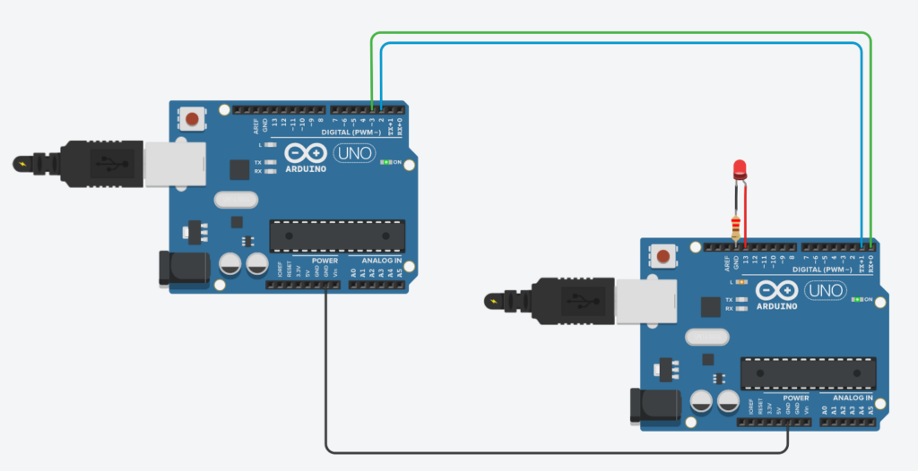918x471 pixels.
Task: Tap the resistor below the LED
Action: [737, 225]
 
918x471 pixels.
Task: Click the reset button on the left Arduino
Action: [193, 117]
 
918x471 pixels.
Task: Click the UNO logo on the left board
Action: [354, 153]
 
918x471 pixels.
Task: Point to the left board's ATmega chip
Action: [336, 235]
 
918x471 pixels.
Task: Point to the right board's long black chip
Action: [808, 373]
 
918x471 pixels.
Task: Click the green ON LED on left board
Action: [387, 163]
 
